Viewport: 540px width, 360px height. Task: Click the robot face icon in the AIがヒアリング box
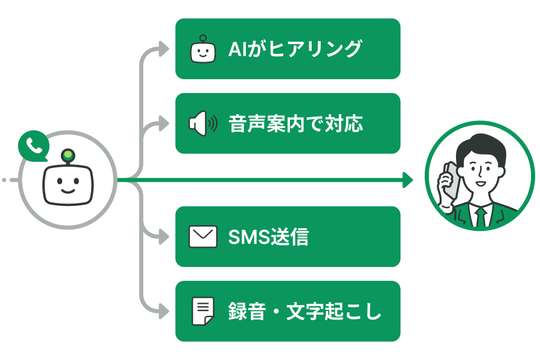point(203,50)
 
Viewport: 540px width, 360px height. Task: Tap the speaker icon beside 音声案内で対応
point(202,124)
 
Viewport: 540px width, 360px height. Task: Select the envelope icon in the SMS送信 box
point(202,237)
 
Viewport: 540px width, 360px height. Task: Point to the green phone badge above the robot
point(33,146)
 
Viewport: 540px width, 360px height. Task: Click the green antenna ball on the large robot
point(68,155)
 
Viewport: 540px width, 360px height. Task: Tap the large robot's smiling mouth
point(68,189)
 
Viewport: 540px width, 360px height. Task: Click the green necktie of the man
point(481,216)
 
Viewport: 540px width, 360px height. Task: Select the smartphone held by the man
point(449,181)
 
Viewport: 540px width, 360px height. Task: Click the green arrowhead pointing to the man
point(408,180)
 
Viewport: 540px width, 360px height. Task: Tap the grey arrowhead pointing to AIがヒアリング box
point(164,49)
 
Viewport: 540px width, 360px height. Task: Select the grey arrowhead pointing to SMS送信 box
point(164,237)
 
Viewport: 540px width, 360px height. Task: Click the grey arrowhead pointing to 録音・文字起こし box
point(164,312)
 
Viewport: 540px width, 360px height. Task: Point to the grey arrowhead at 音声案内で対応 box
point(164,124)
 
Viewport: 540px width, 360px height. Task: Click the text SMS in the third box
point(248,237)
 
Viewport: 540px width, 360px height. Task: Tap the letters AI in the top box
point(237,49)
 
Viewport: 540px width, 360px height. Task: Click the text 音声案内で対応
point(296,124)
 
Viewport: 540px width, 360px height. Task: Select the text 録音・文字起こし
point(305,312)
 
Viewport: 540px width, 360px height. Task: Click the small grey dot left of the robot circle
point(4,180)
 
